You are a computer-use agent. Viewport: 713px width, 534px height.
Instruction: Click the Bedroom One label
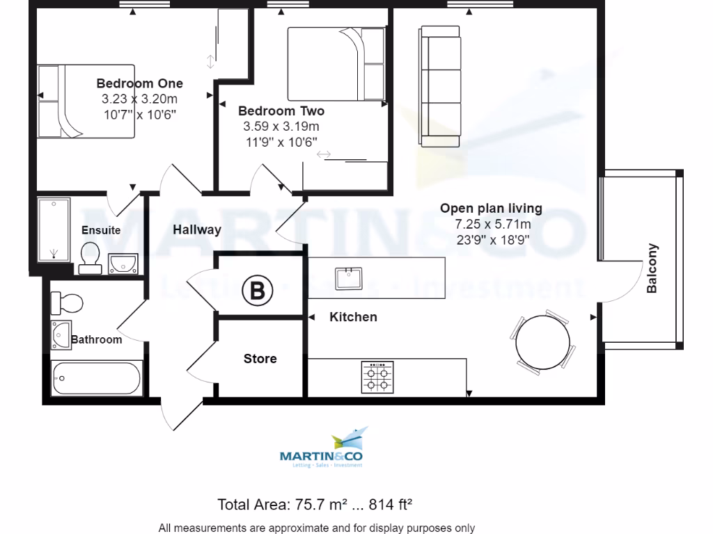(x=139, y=84)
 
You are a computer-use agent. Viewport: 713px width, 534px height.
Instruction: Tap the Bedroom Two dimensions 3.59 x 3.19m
(x=281, y=127)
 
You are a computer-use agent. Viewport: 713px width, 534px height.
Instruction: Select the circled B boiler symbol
(x=257, y=291)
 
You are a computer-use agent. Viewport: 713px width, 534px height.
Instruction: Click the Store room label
(x=260, y=359)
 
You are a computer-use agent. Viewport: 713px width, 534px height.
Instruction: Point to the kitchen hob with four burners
(x=377, y=378)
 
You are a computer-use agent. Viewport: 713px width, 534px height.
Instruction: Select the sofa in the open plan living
(x=440, y=82)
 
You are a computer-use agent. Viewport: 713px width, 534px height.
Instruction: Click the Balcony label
(x=652, y=268)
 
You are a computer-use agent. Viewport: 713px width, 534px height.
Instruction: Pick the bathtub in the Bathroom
(x=96, y=378)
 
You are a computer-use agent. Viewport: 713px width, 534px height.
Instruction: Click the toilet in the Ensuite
(x=90, y=257)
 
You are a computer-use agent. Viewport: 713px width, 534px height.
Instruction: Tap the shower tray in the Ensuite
(x=54, y=229)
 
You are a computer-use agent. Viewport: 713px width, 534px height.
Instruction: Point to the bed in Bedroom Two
(x=336, y=64)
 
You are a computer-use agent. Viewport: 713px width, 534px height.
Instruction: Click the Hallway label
(x=197, y=229)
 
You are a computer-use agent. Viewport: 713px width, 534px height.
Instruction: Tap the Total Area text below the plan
(x=317, y=504)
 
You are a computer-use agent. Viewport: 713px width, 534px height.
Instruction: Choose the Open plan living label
(x=491, y=209)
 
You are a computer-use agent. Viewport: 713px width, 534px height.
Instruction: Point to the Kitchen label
(x=353, y=317)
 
